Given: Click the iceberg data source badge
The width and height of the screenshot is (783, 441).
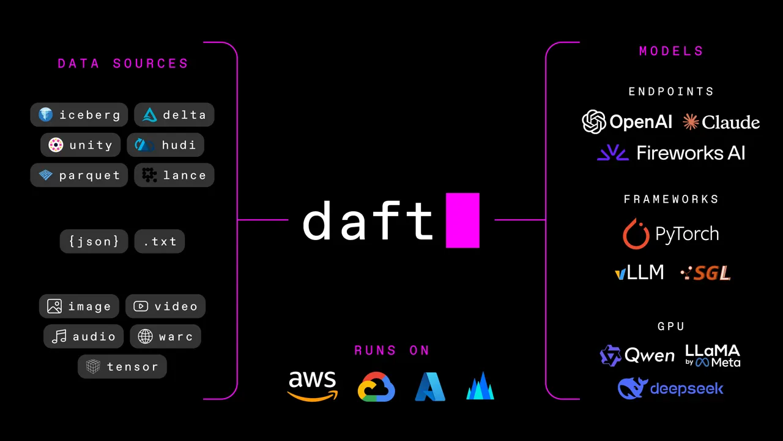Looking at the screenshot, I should coord(79,115).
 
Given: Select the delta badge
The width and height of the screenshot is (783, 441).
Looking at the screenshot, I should coord(174,115).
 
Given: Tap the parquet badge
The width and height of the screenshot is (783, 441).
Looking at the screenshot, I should coord(79,175).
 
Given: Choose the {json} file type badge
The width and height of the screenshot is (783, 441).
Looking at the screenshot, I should coord(94,241).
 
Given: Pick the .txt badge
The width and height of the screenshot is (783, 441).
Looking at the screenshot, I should coord(160,241).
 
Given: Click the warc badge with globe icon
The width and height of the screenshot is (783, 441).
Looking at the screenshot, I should coord(165,336).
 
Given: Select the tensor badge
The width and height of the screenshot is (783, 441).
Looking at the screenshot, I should coord(122,367).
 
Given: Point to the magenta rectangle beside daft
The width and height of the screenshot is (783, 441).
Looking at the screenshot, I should coord(462,220).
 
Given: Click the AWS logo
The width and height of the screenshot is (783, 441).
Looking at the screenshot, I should coord(313,386).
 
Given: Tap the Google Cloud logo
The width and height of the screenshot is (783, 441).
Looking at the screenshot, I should coord(376,387).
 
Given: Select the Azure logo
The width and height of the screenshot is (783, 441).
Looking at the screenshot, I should coord(430,387).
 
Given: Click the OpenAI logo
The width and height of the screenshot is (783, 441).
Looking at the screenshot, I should coord(627,122).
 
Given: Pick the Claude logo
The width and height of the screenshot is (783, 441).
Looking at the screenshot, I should coord(721,123).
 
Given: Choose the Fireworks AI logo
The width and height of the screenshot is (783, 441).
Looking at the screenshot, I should coord(671,153).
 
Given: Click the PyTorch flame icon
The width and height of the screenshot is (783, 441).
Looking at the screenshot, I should coord(636,234).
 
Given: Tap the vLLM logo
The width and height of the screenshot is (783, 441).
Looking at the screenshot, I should coord(639,273).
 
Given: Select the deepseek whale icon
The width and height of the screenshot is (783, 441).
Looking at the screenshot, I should coord(633,388).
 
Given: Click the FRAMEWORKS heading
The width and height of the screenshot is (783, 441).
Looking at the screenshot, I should coord(671,199).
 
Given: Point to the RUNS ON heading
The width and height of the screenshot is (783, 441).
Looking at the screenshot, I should coord(392,350).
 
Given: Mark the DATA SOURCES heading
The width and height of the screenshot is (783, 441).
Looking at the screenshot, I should coord(123,64).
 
